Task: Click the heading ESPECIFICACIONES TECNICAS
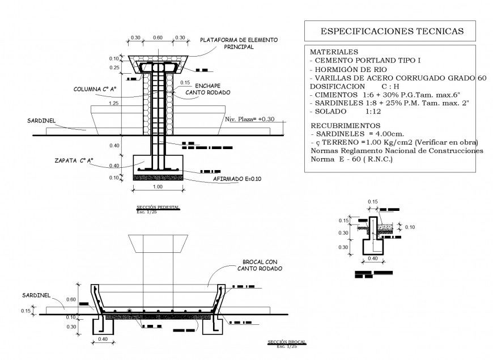click(x=392, y=31)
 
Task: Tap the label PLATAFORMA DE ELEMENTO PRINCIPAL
click(x=239, y=44)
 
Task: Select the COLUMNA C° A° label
click(x=94, y=89)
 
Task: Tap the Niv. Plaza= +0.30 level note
click(x=249, y=120)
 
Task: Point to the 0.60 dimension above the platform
click(x=158, y=37)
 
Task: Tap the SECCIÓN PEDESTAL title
click(x=158, y=207)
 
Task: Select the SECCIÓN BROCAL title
click(x=286, y=342)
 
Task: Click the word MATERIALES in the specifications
click(x=335, y=52)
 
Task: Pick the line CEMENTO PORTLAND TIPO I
click(x=367, y=60)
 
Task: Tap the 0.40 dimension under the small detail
click(x=372, y=259)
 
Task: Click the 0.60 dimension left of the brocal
click(x=71, y=299)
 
